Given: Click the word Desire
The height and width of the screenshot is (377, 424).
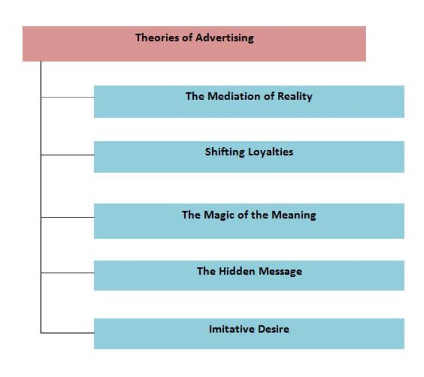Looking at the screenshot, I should pos(274,328).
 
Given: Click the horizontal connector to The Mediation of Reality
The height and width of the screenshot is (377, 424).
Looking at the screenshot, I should pos(67,97).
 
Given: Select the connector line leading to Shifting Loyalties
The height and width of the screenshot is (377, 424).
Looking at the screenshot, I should pos(67,155).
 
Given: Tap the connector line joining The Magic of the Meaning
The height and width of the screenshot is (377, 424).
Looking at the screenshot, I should pos(67,217).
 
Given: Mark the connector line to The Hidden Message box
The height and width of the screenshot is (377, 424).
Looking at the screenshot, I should pos(67,273).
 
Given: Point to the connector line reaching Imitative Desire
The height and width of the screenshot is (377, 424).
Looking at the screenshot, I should pos(67,332).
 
